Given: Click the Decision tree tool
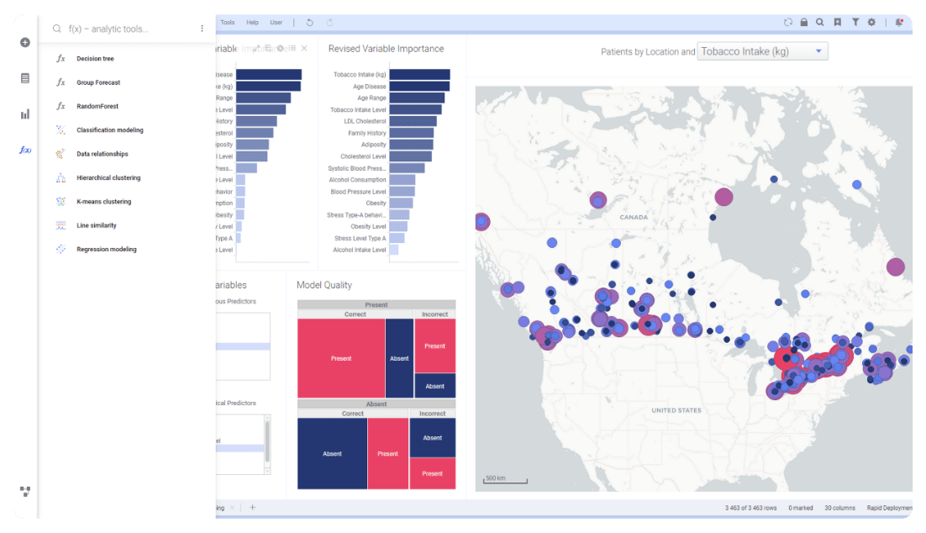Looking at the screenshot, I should (x=95, y=59).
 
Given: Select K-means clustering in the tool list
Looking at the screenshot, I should (x=103, y=202).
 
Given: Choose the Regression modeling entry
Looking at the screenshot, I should (x=106, y=250).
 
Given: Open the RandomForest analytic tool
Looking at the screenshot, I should (x=97, y=107).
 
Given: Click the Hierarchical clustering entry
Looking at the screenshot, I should (x=108, y=178).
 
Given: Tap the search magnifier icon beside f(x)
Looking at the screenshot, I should (x=57, y=29).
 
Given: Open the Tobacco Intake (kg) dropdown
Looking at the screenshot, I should (x=762, y=52).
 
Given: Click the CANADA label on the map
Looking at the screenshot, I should (x=634, y=218).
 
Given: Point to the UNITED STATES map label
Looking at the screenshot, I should (x=676, y=410).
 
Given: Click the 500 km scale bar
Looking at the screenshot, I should (x=505, y=480).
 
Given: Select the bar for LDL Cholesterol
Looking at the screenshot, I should (x=413, y=121).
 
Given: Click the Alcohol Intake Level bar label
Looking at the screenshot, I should (x=360, y=250).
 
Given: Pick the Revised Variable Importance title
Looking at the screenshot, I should (x=386, y=49).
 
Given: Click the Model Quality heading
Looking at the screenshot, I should (x=324, y=285).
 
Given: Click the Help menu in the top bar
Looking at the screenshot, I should (x=253, y=23).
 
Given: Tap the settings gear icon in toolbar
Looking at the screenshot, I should (x=871, y=23).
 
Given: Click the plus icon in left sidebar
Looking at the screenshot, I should (x=25, y=42).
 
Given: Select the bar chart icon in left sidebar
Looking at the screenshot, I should (x=25, y=114).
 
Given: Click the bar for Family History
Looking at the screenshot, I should (x=412, y=133).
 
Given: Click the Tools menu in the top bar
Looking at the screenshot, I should (x=228, y=23).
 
